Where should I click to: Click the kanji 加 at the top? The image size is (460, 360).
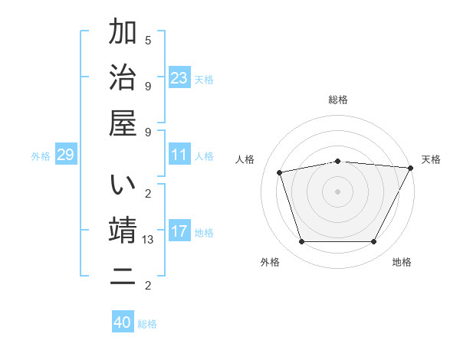pos(123,33)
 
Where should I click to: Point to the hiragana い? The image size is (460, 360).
pos(123,186)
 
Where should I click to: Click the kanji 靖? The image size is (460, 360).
pos(123,231)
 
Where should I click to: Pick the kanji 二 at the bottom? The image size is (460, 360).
pos(123,277)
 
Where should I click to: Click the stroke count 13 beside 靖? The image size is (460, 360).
pos(149,240)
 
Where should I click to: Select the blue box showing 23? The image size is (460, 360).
pos(179,77)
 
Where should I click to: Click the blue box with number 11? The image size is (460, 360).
pos(179,155)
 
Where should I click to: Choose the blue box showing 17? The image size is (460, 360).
pos(179,231)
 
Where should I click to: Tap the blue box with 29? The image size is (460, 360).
pos(65,155)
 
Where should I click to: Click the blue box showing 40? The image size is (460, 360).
pos(123,322)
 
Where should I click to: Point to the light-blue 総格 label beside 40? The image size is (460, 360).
pos(148,324)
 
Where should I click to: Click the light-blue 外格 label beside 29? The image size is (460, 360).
pos(41,156)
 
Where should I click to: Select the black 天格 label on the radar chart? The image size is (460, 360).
pos(431,159)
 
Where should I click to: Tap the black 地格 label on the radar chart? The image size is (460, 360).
pos(402,263)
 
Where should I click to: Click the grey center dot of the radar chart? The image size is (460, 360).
pos(337,191)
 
